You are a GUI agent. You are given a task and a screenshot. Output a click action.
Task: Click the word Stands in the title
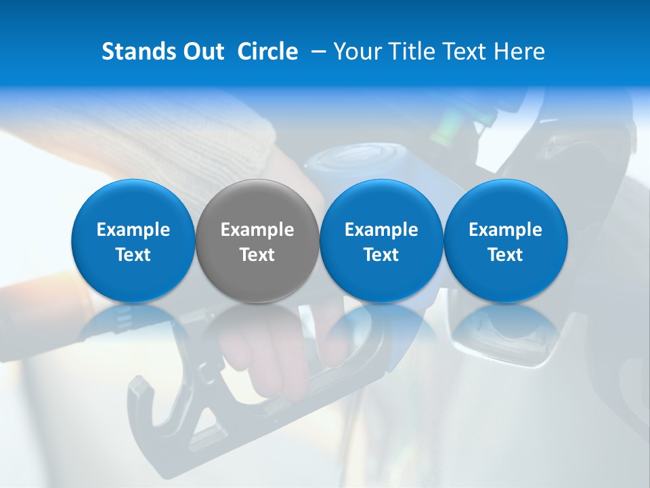click(136, 52)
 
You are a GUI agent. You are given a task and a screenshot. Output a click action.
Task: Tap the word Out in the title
click(202, 52)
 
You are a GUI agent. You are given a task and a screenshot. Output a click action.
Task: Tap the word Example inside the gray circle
click(257, 230)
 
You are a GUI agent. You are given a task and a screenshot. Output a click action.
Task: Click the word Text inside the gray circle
click(257, 255)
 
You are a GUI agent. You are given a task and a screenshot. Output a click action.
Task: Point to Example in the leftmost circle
click(133, 230)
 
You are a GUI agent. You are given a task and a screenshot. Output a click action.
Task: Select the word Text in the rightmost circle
click(506, 255)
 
